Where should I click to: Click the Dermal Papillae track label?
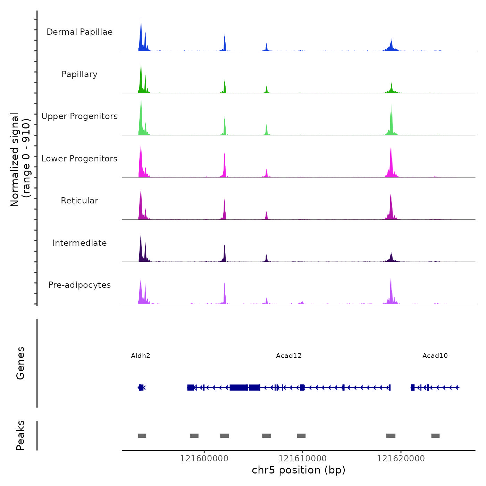(79, 32)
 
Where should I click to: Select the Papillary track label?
(79, 74)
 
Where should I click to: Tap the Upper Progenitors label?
(79, 116)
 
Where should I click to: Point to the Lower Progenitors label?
(79, 159)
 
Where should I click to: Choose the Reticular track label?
(79, 201)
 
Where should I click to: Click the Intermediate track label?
(79, 243)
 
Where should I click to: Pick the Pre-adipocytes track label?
(79, 285)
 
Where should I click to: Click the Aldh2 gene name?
(141, 356)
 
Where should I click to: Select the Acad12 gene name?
(289, 356)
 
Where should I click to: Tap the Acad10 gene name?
(435, 356)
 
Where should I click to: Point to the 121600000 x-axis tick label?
(204, 459)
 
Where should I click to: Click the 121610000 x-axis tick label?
(302, 459)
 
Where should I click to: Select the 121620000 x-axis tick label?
(401, 459)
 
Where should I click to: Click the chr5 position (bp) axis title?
(299, 470)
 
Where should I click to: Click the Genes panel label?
(20, 363)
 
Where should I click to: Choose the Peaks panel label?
(20, 435)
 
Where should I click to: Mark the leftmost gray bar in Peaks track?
(142, 436)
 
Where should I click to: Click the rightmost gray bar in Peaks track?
(435, 436)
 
